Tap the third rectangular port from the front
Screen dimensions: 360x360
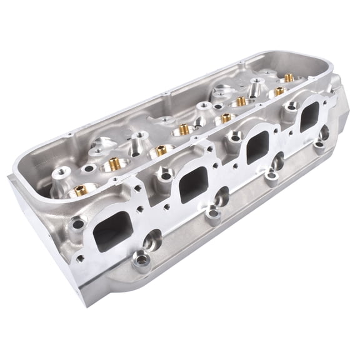256,149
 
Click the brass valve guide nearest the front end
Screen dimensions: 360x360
79,191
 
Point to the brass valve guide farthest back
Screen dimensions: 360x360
288,78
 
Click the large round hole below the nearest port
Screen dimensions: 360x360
152,239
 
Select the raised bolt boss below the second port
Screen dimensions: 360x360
214,216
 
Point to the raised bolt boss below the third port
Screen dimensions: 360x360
271,179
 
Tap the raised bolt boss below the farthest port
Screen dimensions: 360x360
319,147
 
